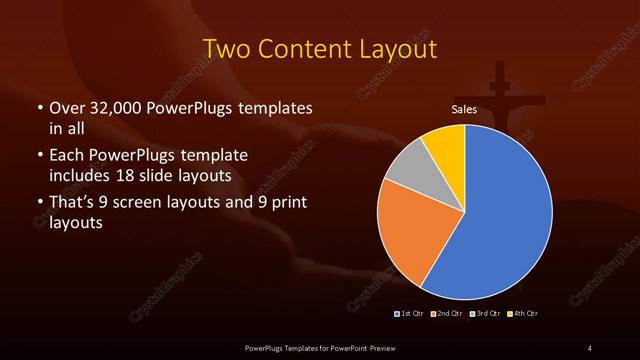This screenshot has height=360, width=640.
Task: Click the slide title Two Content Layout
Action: click(320, 48)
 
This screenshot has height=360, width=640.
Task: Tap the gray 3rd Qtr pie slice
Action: click(408, 170)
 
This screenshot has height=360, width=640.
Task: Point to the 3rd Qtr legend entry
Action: click(485, 314)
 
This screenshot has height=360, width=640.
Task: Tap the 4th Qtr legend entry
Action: click(523, 314)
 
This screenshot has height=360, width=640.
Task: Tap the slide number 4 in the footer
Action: click(590, 347)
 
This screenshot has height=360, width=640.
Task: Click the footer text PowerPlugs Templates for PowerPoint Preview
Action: click(320, 347)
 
